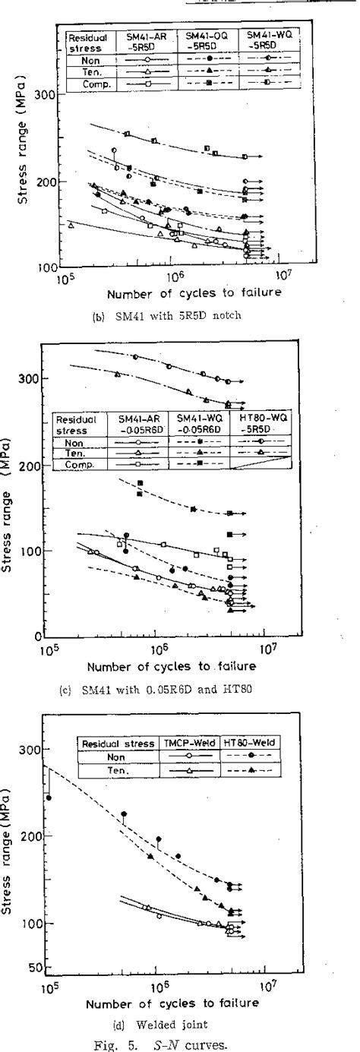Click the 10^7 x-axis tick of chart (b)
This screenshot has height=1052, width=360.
(281, 275)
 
